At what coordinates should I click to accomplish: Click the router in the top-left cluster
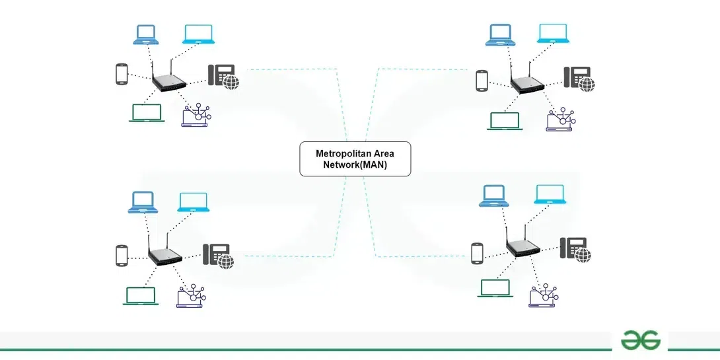point(169,83)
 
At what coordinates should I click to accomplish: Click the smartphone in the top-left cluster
point(121,73)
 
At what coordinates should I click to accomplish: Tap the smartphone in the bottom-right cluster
point(478,253)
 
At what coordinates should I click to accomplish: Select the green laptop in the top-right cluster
point(504,121)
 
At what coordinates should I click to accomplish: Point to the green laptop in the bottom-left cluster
point(139,296)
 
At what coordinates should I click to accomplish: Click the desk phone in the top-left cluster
point(222,75)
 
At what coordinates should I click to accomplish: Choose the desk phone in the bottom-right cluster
point(574,248)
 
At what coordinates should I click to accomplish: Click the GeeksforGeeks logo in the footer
point(640,340)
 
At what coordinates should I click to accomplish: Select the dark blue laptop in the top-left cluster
point(145,34)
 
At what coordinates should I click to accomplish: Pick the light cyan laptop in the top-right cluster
point(553,33)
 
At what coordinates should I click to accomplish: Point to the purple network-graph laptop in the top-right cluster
point(559,120)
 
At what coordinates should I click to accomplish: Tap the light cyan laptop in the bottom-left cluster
point(192,202)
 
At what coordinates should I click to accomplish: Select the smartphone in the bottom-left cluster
point(121,256)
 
